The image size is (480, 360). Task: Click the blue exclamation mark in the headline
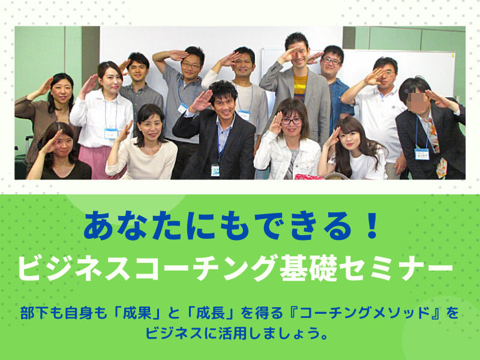373,226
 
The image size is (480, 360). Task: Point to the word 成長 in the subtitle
211,313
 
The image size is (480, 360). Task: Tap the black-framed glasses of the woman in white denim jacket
291,121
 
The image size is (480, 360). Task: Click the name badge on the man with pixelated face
422,154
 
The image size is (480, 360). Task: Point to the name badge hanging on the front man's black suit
215,170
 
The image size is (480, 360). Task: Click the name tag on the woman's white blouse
111,133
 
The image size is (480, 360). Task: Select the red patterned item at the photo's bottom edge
308,176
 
